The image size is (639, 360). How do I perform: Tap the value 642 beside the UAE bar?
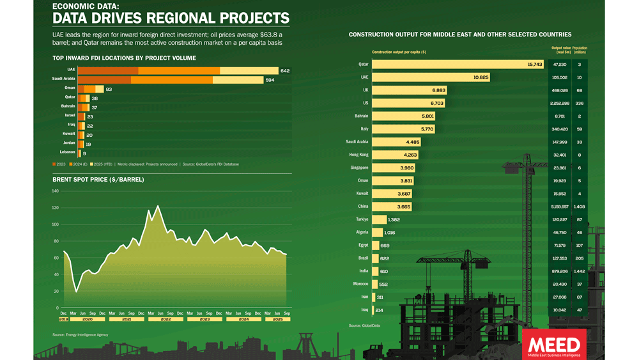pos(285,70)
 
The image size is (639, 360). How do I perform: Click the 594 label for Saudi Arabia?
pos(270,80)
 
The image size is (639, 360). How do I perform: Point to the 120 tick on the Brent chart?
pos(55,208)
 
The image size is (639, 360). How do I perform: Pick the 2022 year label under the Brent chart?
pos(166,319)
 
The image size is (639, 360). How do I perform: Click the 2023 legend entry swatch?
pos(54,164)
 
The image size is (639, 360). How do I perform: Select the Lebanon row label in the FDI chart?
pos(67,152)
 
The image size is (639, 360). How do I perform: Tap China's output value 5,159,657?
pos(559,207)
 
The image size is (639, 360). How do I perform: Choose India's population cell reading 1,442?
pos(580,271)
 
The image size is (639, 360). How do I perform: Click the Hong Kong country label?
pos(358,155)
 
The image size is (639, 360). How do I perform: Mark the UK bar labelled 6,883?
pos(409,90)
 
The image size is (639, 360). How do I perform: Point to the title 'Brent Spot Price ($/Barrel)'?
pos(98,180)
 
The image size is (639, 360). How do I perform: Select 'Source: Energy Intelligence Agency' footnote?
pos(80,334)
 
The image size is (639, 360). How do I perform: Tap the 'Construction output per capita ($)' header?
pos(399,52)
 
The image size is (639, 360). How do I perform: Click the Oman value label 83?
pos(109,89)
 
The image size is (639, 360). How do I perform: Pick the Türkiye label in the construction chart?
pos(361,219)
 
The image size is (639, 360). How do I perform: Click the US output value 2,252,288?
pos(559,103)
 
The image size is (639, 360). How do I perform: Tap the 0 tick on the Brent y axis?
pos(57,308)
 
